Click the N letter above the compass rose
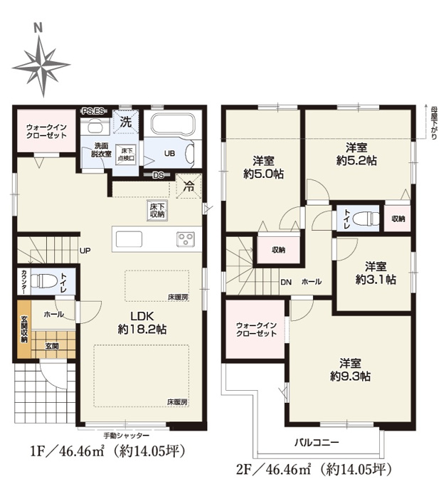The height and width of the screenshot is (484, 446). coord(38,28)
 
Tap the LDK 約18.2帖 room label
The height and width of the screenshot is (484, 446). coord(142,322)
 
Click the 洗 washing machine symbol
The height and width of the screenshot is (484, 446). coord(125,122)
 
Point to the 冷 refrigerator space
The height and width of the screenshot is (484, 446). coord(189,186)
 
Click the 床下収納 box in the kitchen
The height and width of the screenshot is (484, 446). coord(157,211)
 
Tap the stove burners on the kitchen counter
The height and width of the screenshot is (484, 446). coord(186,239)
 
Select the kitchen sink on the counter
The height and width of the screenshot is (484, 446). coord(129,239)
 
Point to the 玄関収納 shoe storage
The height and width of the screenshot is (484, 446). coord(24,329)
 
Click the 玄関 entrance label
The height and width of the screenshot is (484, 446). coord(52,346)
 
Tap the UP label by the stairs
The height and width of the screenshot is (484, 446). coord(85,251)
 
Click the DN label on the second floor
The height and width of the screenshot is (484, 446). coord(286,282)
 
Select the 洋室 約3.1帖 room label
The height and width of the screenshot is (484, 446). coord(376,273)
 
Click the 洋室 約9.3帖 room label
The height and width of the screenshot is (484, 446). coord(350,370)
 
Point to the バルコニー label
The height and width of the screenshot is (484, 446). coord(317,442)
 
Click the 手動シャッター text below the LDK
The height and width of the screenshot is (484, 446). coord(126,435)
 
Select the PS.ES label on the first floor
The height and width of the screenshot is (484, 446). coord(93,111)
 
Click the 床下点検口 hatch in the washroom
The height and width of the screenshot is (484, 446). coord(126,154)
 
